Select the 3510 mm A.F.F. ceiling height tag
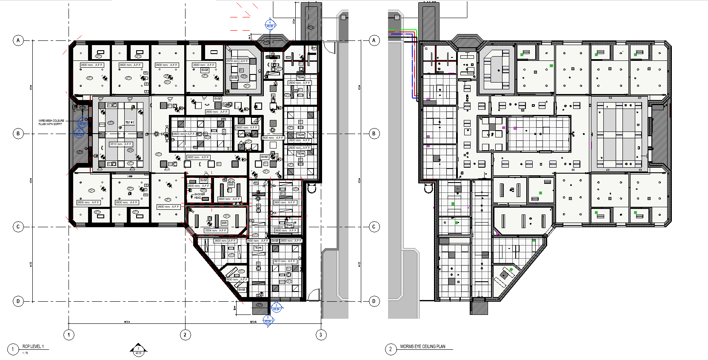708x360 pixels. pyautogui.click(x=121, y=144)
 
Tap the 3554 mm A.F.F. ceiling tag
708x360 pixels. pyautogui.click(x=216, y=231)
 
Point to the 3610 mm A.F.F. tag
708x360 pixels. pyautogui.click(x=285, y=261)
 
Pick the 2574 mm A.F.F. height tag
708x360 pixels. pyautogui.click(x=237, y=61)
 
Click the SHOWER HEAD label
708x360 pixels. pyautogui.click(x=199, y=196)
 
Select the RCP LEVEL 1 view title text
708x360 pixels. pyautogui.click(x=33, y=346)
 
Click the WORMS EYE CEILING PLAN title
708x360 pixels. pyautogui.click(x=423, y=346)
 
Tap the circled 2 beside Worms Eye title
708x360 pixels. pyautogui.click(x=391, y=349)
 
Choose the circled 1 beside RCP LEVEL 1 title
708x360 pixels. pyautogui.click(x=13, y=349)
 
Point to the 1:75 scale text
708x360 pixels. pyautogui.click(x=25, y=353)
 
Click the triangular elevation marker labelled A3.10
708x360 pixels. pyautogui.click(x=138, y=350)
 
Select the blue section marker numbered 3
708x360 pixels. pyautogui.click(x=276, y=307)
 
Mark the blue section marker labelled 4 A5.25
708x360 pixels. pyautogui.click(x=269, y=24)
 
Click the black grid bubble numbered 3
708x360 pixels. pyautogui.click(x=321, y=335)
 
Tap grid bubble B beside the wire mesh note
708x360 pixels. pyautogui.click(x=18, y=134)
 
